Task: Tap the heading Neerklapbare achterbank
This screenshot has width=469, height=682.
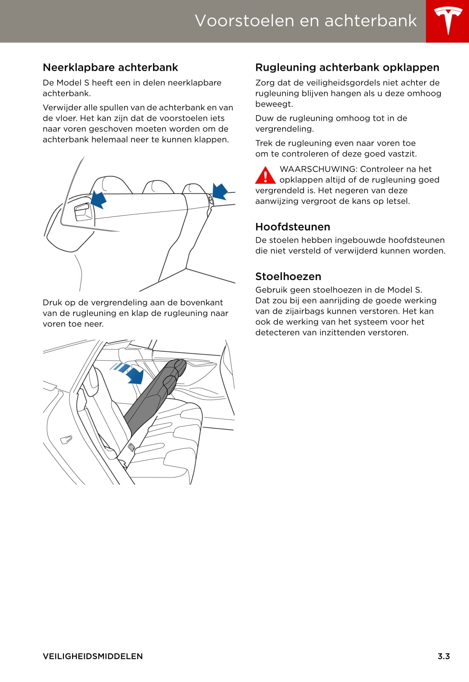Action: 110,67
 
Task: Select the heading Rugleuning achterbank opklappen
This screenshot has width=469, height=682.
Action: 347,67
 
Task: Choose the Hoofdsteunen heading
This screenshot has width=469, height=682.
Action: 292,227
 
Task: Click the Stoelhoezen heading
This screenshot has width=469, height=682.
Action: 288,276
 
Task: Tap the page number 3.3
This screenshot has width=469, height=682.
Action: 443,656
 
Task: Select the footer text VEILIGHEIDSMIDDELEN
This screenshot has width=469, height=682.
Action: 93,656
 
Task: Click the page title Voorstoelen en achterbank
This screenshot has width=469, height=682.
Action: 306,20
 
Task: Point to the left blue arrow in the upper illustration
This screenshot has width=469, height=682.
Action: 99,199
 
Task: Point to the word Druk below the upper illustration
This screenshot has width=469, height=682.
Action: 52,303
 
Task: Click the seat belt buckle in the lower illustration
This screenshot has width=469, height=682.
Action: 131,447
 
